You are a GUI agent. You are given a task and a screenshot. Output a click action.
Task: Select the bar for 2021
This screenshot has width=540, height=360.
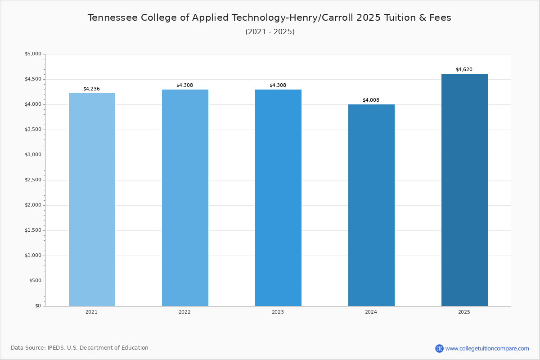pos(92,200)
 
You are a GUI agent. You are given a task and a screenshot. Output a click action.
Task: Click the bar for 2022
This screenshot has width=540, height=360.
pos(185,198)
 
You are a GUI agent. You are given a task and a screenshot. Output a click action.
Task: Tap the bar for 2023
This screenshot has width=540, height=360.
pos(278,198)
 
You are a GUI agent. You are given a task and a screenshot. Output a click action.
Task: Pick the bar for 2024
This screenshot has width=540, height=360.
pos(372,206)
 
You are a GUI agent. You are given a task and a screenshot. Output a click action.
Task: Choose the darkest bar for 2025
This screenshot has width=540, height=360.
pos(464,190)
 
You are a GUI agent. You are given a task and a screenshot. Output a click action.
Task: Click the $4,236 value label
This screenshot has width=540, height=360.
pos(92,89)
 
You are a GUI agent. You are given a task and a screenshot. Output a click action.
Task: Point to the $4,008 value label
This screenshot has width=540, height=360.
pos(371,100)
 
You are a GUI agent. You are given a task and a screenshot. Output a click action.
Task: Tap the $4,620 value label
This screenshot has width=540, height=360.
pos(464,70)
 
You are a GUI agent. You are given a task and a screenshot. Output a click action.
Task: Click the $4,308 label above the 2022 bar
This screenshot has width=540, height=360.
pos(184,85)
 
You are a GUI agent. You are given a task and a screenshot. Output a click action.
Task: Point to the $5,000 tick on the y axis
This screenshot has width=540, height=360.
pos(33,54)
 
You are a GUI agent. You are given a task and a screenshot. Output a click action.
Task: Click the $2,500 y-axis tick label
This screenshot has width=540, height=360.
pos(33,180)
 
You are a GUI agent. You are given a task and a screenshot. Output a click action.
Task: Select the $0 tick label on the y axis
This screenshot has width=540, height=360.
pos(38,306)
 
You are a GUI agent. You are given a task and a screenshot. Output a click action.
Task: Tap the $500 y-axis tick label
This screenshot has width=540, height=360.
pos(35,281)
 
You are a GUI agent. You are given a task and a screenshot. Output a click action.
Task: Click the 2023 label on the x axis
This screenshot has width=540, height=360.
pos(278,312)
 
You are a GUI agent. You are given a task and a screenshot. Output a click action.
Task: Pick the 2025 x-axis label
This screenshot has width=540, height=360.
pos(464,312)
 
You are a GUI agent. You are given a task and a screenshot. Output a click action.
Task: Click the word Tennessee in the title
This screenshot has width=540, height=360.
pos(112,18)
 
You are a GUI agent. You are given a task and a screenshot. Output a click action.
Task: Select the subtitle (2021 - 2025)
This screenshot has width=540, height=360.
pos(270,32)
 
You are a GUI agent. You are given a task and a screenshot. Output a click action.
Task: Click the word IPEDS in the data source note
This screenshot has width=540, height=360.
pos(56,348)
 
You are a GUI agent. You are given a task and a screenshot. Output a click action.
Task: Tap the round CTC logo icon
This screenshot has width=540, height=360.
pos(439,348)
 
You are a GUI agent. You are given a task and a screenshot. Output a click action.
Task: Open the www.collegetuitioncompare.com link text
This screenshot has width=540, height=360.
pos(487,349)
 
